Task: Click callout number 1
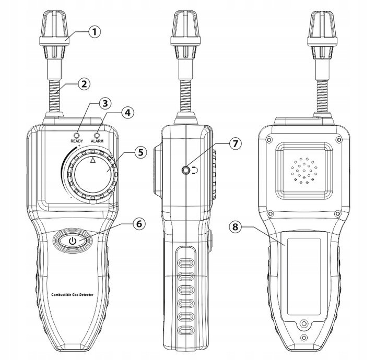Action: pos(95,32)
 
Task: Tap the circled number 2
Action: pos(84,84)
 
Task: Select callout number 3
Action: pos(105,103)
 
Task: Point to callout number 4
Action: pos(128,112)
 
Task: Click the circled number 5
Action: pos(140,152)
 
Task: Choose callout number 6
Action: pos(139,224)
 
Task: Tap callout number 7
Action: pos(235,143)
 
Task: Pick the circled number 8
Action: pos(235,226)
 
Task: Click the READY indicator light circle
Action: pos(77,135)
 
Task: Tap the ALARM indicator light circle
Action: pos(97,135)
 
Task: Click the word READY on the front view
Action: pos(77,141)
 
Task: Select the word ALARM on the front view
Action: pos(97,141)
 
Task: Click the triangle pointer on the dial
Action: pos(93,160)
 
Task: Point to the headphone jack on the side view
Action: pos(185,171)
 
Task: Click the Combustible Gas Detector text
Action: pos(73,295)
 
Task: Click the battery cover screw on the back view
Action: pos(304,323)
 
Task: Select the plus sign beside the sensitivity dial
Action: pos(79,146)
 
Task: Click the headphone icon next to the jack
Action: pos(195,171)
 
